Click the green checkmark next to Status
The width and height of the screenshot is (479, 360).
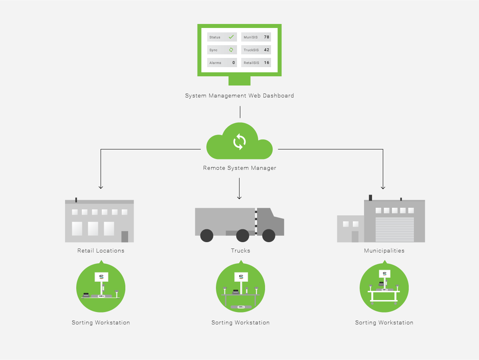(231, 37)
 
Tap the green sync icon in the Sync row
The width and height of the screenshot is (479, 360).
(231, 50)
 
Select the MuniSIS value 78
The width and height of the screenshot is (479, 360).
(267, 37)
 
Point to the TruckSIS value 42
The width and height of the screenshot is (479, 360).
(267, 50)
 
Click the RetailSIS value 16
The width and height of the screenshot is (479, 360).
(267, 63)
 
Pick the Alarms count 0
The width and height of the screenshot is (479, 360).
(234, 63)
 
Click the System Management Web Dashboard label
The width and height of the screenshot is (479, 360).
(239, 96)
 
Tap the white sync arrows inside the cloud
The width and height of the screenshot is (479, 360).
(239, 142)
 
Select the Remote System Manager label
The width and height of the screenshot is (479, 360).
(239, 168)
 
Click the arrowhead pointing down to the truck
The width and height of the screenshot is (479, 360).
(239, 197)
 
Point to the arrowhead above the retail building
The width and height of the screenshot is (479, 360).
(101, 187)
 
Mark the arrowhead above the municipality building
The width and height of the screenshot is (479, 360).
(383, 187)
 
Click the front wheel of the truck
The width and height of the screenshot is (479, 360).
(269, 236)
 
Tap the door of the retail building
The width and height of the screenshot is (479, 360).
(125, 237)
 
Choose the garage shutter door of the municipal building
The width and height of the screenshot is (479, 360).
(395, 229)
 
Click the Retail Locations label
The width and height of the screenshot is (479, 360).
(101, 251)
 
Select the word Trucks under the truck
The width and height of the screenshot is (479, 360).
(241, 251)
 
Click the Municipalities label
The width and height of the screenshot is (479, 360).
(384, 251)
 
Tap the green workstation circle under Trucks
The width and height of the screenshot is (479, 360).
(240, 288)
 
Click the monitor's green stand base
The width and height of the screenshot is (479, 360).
(239, 81)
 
